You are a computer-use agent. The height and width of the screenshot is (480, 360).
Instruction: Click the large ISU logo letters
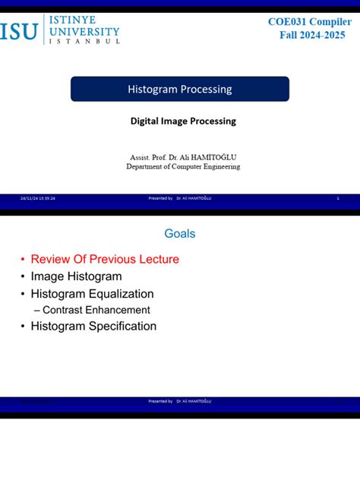click(x=21, y=31)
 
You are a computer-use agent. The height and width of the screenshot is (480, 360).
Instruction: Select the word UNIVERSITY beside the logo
click(x=84, y=31)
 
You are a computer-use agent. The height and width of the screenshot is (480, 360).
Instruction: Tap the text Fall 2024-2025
click(x=311, y=35)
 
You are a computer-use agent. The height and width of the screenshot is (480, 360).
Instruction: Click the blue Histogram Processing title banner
click(x=180, y=90)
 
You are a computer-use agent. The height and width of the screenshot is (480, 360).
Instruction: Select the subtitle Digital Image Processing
click(x=183, y=121)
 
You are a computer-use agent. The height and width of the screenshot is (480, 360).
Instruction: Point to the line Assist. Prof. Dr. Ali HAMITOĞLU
click(x=183, y=157)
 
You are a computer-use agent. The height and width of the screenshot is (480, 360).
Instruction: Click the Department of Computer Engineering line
click(x=183, y=166)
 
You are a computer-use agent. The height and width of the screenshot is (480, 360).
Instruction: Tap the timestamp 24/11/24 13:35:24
click(x=38, y=198)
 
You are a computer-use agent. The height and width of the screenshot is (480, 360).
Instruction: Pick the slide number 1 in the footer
click(x=336, y=198)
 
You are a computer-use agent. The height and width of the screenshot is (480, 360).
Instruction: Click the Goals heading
click(x=179, y=233)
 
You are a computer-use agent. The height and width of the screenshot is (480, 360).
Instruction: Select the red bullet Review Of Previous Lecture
click(x=105, y=259)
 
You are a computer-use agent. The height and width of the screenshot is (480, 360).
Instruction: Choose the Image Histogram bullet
click(x=76, y=276)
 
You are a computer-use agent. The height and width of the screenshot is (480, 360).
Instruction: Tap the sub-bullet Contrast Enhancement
click(x=96, y=310)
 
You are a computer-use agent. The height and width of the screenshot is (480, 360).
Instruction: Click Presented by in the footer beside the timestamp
click(x=160, y=198)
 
